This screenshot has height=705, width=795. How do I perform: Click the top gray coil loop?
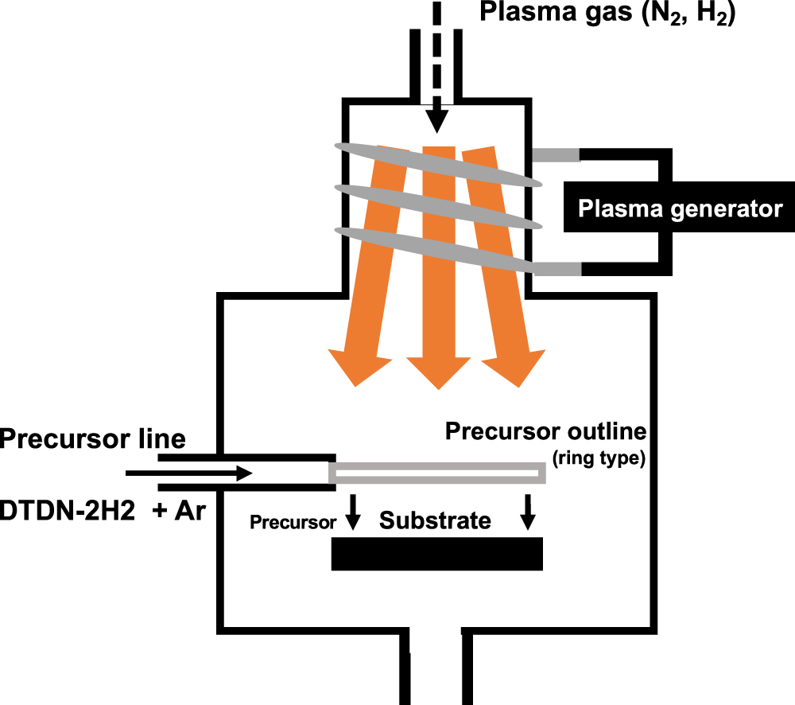pos(437,164)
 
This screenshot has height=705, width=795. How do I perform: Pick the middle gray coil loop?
pos(437,205)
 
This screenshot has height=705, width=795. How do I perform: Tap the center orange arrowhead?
pos(438,370)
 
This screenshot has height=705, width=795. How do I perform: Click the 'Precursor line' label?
pos(93,438)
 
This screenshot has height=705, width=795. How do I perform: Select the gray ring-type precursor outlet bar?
pos(437,473)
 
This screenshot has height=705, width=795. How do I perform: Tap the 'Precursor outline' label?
pos(545,432)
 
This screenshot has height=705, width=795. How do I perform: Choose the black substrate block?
pos(436,554)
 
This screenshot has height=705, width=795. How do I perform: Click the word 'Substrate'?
pos(435,521)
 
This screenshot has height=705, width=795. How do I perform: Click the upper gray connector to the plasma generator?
pos(556,155)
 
